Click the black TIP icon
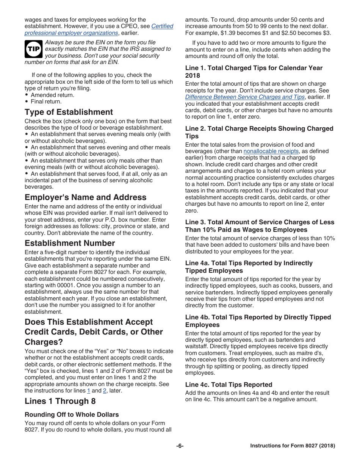coord(33,49)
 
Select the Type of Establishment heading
coord(69,112)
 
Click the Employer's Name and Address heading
coord(85,197)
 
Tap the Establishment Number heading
coord(70,243)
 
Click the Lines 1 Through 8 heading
coord(60,401)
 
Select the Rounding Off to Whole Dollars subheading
coord(72,414)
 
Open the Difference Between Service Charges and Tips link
coord(245,97)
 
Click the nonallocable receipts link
coord(271,151)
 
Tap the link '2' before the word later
coord(105,391)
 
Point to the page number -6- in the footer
coord(180,446)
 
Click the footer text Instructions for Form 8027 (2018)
coord(293,446)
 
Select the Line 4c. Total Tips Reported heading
coord(229,385)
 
